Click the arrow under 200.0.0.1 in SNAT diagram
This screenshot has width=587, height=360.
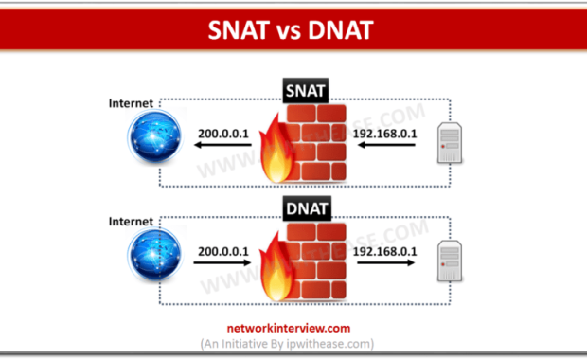(226, 148)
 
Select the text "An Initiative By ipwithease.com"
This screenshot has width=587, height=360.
(293, 343)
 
